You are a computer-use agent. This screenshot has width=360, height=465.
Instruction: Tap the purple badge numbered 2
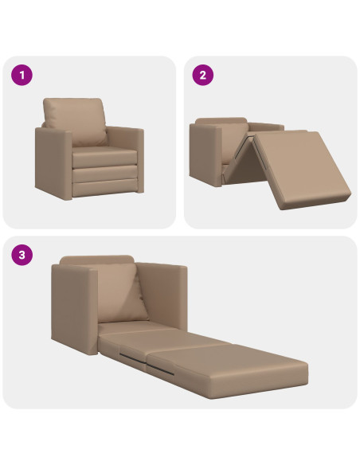click(x=203, y=76)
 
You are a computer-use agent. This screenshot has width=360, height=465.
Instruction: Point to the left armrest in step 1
click(x=53, y=163)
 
